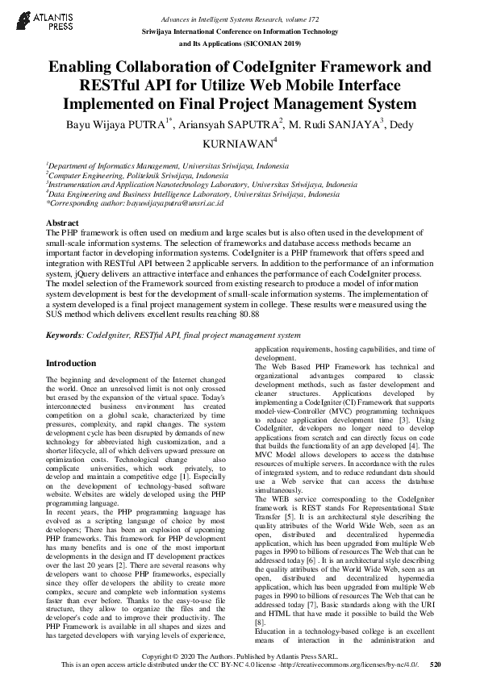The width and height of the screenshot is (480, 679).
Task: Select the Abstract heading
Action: pyautogui.click(x=62, y=222)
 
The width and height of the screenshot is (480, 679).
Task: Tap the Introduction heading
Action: pyautogui.click(x=71, y=363)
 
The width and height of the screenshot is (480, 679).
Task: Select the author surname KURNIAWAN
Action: pyautogui.click(x=239, y=144)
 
